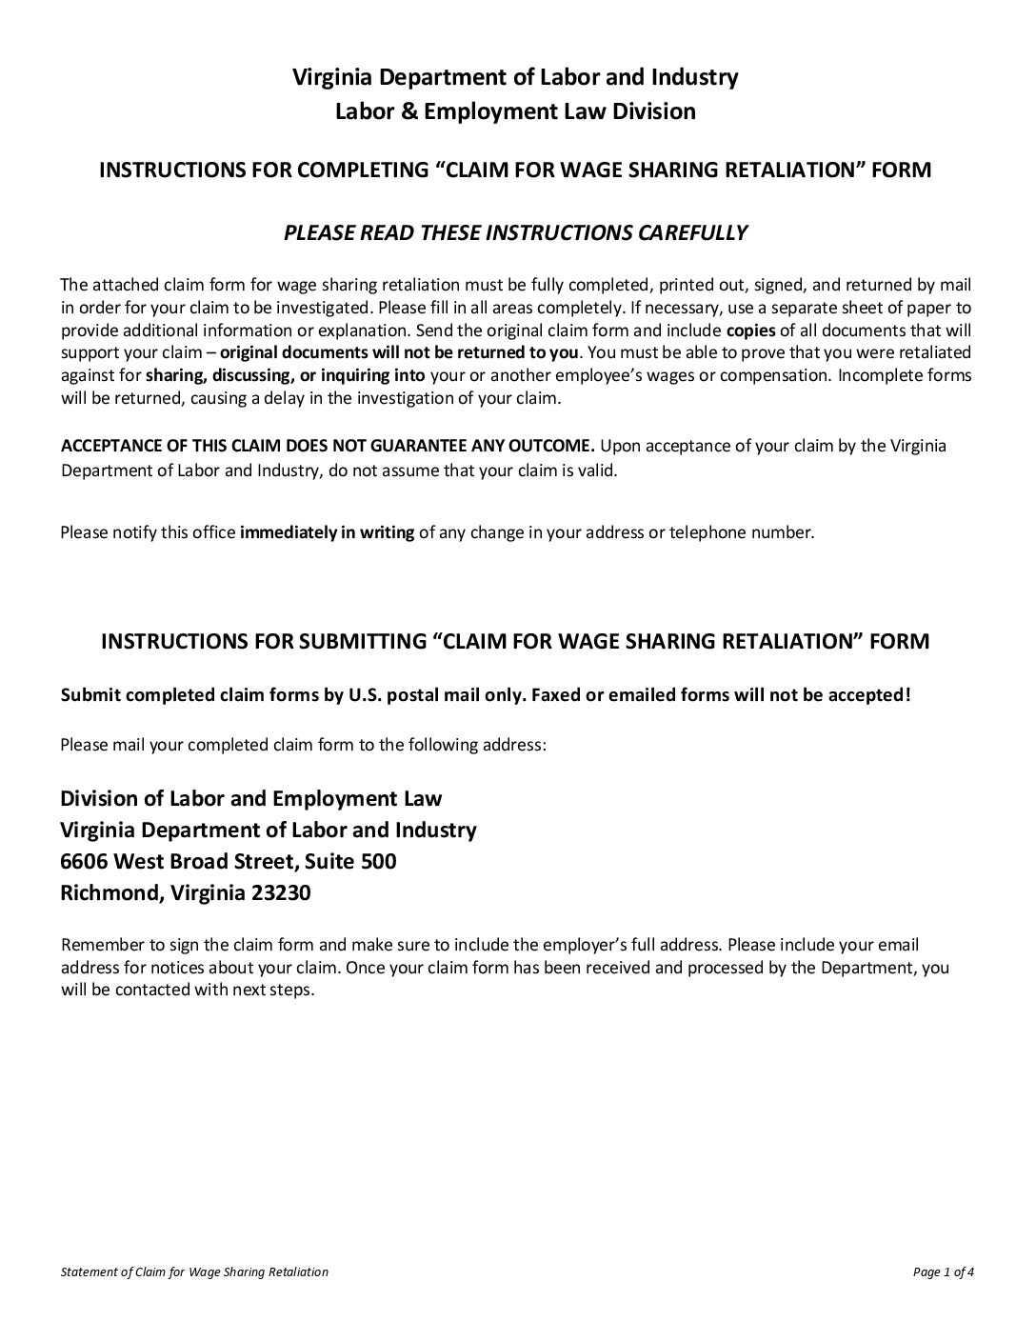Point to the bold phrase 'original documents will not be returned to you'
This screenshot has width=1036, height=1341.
tap(399, 353)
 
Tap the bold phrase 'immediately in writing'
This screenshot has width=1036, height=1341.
tap(327, 533)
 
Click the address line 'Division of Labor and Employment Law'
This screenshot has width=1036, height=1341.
tap(251, 798)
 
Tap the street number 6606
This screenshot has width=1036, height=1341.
tap(84, 862)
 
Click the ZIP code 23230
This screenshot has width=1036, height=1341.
tap(281, 894)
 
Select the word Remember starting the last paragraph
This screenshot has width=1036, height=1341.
tap(98, 946)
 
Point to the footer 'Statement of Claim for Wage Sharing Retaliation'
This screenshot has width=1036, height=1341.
tap(194, 1271)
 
